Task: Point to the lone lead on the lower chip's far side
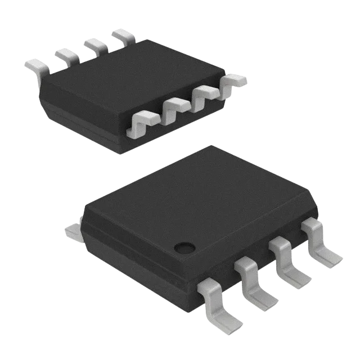click(x=72, y=229)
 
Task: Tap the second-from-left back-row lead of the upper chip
click(x=66, y=54)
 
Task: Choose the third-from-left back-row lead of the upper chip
click(x=95, y=44)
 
